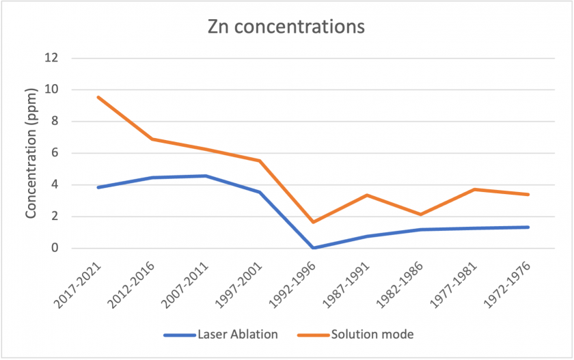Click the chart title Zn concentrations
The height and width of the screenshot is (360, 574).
coord(286,28)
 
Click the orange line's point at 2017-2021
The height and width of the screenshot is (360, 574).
coord(98,97)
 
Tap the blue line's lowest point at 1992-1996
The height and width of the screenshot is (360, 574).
coord(314,248)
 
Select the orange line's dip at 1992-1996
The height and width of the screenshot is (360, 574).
coord(314,222)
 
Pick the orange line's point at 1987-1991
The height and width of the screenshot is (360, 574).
coord(367,195)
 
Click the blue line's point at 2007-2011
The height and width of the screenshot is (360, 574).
coord(206,176)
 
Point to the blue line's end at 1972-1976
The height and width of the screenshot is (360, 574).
coord(528,227)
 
